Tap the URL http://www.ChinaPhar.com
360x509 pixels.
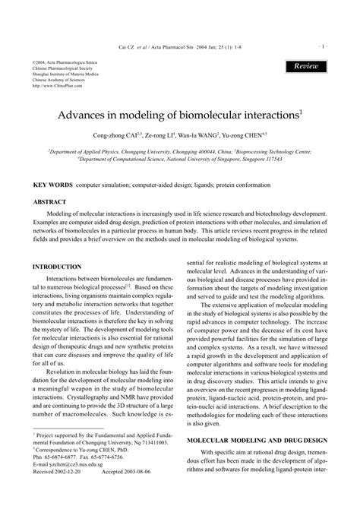[x=58, y=86]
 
